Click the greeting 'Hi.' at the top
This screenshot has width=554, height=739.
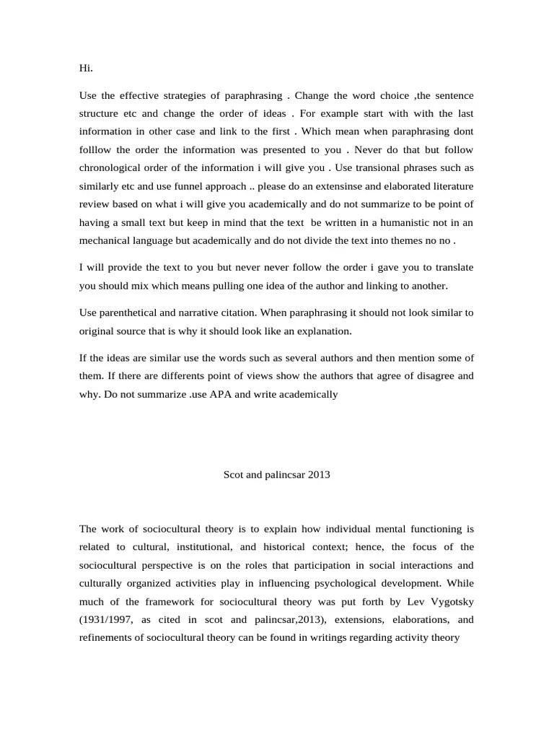pos(86,69)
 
